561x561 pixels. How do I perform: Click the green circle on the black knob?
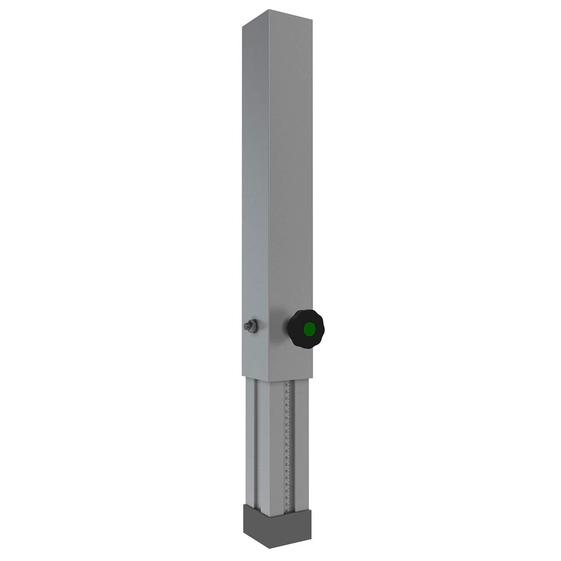coord(309,329)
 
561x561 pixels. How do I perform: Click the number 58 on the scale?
coord(286,392)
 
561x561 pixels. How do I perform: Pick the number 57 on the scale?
coord(286,398)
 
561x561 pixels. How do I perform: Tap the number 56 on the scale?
coord(286,405)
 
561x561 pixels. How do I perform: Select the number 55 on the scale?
coord(286,411)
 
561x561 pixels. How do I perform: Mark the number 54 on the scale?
coord(286,418)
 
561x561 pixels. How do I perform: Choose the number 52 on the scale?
coord(286,431)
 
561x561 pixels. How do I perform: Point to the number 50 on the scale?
coord(286,444)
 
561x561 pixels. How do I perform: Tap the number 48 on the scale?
coord(286,457)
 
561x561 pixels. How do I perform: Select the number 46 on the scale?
coord(286,470)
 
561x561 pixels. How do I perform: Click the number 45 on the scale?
coord(286,477)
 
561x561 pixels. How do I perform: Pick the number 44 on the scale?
coord(286,484)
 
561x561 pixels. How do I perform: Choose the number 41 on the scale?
coord(286,504)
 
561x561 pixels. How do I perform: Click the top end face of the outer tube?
coord(277,19)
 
